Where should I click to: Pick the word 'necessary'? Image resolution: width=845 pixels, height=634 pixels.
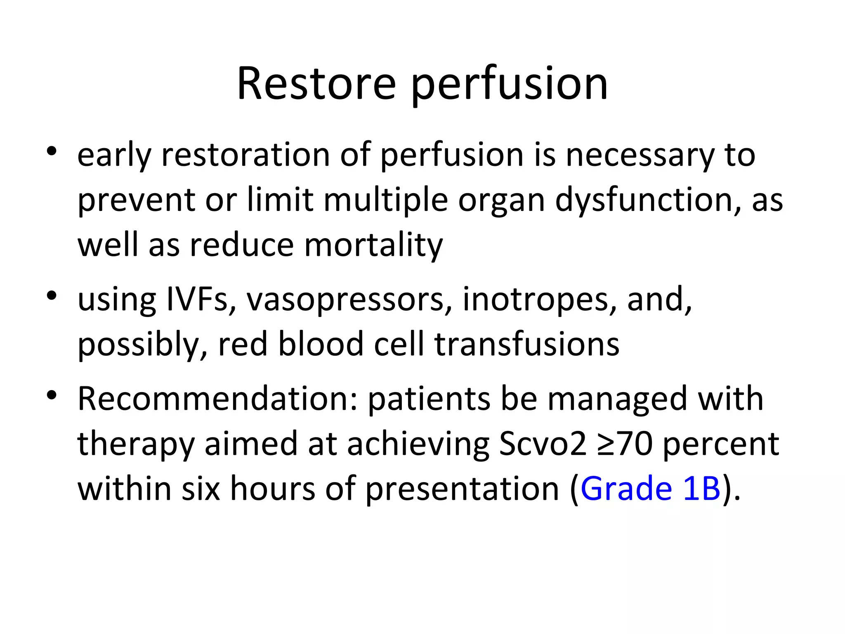click(x=639, y=156)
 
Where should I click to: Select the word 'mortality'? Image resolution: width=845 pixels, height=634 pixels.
click(x=373, y=246)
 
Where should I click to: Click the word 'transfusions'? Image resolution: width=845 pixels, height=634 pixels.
click(x=527, y=344)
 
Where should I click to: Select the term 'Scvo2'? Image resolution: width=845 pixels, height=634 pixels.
click(x=543, y=444)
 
